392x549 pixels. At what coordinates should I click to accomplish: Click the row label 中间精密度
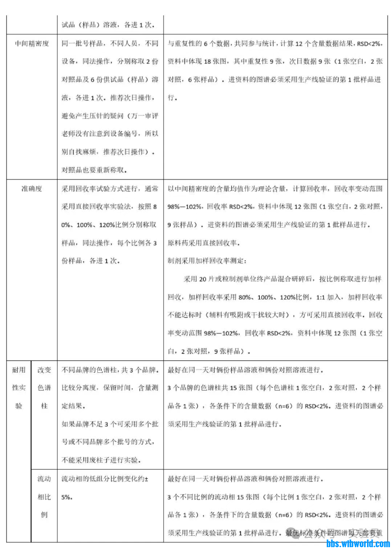(x=32, y=44)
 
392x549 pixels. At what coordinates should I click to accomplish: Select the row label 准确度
(x=32, y=189)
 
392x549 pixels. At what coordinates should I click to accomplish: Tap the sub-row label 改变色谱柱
(x=44, y=388)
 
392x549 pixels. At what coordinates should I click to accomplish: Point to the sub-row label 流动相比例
(x=44, y=497)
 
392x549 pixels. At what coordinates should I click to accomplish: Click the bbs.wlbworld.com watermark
(x=358, y=544)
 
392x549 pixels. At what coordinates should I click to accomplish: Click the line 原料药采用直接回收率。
(x=204, y=243)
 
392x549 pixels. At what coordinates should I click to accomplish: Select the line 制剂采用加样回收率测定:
(x=207, y=261)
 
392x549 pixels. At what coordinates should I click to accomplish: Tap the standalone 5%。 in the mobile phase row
(x=67, y=497)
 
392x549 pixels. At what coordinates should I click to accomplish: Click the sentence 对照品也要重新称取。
(x=94, y=170)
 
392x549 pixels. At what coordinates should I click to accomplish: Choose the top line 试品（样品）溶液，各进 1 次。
(x=108, y=25)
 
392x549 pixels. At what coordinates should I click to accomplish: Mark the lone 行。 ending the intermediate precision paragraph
(x=172, y=97)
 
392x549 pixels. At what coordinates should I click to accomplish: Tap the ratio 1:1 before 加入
(x=320, y=297)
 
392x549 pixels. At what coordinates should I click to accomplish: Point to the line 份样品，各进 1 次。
(x=90, y=261)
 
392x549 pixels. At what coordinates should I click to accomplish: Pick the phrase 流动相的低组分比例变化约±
(x=105, y=479)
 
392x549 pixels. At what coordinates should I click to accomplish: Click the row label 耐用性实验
(x=19, y=388)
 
